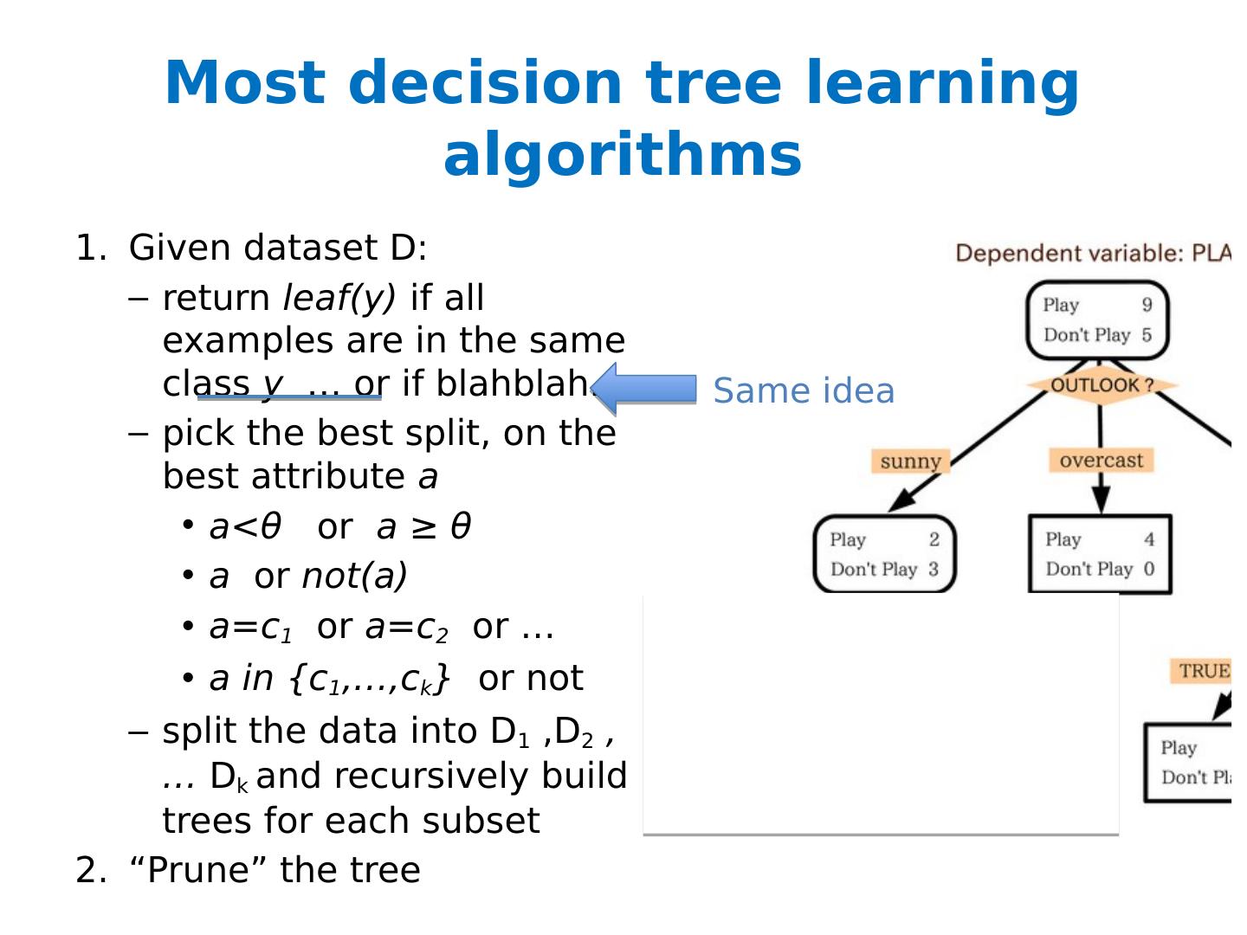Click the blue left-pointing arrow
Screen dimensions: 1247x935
(x=645, y=389)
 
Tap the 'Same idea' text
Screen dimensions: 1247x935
(x=803, y=391)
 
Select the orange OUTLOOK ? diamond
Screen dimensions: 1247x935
(x=1102, y=385)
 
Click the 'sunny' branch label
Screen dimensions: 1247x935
(x=910, y=461)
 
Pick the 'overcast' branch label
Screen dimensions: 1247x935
(x=1101, y=460)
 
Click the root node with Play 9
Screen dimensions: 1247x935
(x=1097, y=319)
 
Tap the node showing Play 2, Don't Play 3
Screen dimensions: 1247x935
(x=884, y=554)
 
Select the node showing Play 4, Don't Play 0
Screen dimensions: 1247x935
(x=1100, y=554)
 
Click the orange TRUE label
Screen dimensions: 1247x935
(x=1204, y=671)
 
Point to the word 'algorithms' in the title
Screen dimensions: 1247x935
(x=623, y=156)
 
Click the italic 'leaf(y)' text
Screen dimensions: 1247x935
(x=339, y=298)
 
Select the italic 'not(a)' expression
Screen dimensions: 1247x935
(x=354, y=576)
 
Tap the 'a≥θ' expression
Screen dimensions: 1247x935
(x=423, y=526)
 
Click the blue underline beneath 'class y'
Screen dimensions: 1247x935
(x=289, y=397)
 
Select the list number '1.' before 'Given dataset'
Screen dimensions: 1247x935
(x=92, y=248)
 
